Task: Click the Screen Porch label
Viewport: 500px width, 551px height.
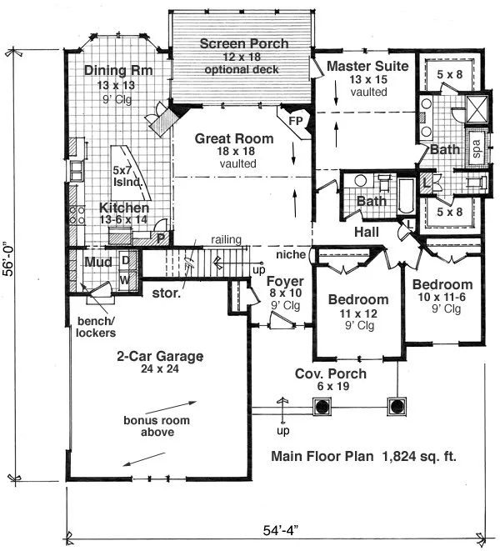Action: [244, 44]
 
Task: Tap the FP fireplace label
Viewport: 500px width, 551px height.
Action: [296, 121]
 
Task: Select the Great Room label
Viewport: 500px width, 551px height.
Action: [234, 139]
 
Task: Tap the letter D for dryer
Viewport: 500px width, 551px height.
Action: [126, 260]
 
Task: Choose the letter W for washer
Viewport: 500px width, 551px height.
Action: [125, 280]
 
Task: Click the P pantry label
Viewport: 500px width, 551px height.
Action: [161, 239]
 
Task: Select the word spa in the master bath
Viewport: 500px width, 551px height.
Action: [477, 149]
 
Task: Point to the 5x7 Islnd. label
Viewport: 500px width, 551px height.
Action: [127, 176]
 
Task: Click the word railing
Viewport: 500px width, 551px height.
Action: [227, 240]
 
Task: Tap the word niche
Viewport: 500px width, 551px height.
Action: [291, 254]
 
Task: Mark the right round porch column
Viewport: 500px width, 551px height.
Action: [397, 407]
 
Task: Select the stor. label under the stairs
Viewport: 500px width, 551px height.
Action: [166, 293]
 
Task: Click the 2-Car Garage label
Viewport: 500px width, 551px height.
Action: [160, 356]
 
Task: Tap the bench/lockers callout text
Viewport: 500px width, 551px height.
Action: [96, 327]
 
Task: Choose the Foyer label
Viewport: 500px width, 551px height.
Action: [285, 281]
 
